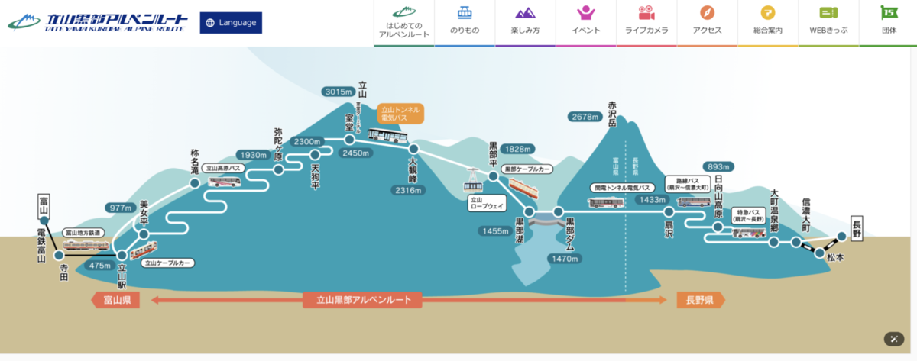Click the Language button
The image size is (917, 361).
pos(231,23)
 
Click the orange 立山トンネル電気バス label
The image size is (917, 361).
pos(400,114)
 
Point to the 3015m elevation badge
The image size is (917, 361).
pos(339,92)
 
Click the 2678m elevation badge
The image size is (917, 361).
pos(587,117)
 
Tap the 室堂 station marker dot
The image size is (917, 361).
pos(349,140)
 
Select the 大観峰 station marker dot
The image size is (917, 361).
pos(413,149)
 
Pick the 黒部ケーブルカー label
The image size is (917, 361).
pos(527,169)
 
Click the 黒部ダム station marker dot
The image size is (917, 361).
pos(559,211)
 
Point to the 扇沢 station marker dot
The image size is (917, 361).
pos(669,211)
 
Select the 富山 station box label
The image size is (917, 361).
pos(44,205)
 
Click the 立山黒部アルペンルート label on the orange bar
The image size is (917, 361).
pos(363,300)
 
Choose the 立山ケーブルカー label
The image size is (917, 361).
pos(167,263)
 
